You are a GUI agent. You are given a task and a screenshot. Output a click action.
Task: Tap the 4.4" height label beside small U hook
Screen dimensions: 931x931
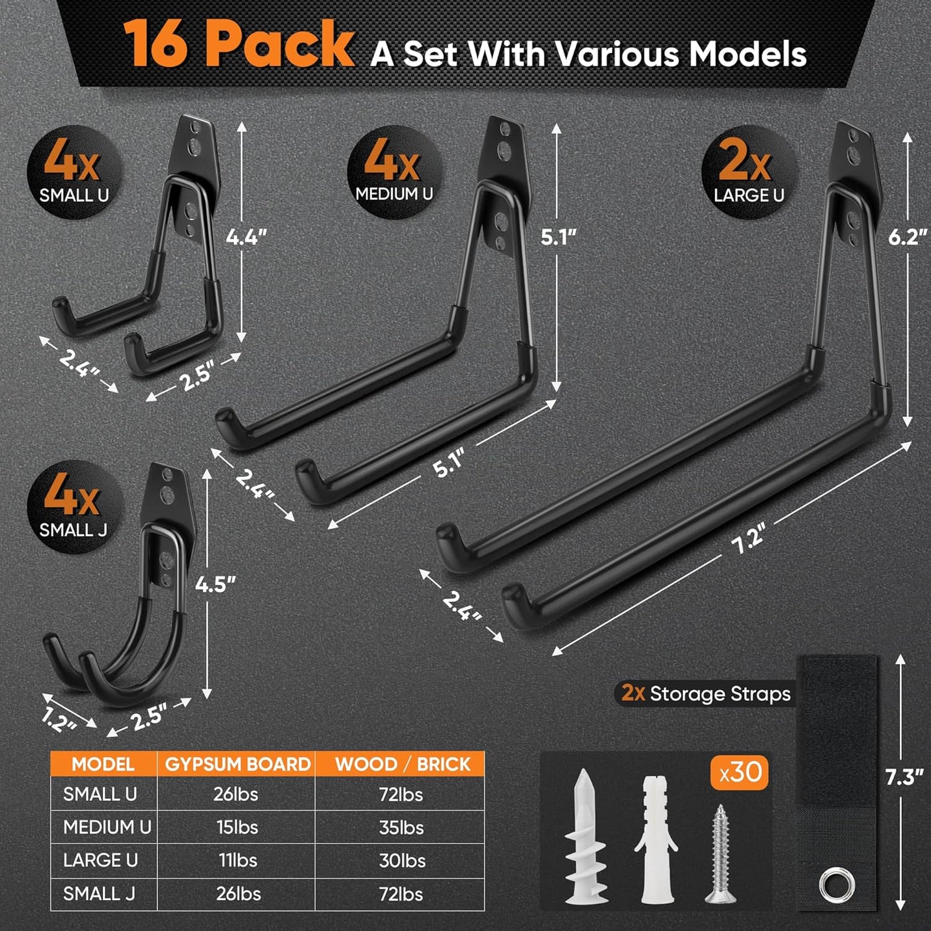pos(245,237)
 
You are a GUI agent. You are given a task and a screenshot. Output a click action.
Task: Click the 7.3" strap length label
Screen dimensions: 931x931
pos(904,777)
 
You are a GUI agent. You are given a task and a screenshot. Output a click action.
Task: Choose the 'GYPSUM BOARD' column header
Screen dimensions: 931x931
pos(237,764)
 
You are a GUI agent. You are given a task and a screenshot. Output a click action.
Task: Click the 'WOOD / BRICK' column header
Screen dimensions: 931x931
pos(402,764)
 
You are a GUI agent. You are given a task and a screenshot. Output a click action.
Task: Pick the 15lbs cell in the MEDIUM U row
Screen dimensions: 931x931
pos(237,827)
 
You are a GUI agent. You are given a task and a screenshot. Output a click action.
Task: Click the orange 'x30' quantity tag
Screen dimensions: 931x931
pos(740,772)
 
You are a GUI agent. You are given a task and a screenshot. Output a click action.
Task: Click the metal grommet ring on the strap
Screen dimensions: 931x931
pos(837,887)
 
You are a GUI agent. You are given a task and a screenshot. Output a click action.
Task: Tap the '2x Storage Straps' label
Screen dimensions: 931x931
pos(705,693)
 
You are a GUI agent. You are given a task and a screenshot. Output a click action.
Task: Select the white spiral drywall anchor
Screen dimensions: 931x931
pos(584,838)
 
